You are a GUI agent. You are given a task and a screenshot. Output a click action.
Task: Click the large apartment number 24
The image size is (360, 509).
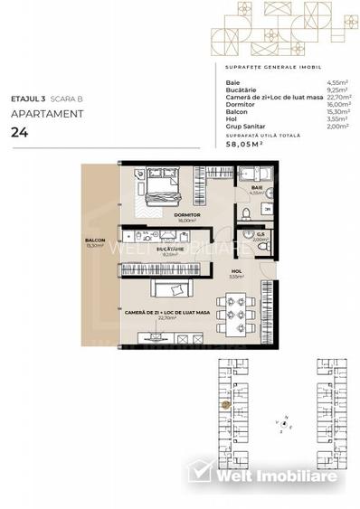pyautogui.click(x=18, y=132)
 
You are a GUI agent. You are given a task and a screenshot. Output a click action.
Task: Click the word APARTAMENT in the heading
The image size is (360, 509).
pyautogui.click(x=47, y=114)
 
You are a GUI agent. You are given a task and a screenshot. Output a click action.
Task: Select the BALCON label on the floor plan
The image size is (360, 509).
pyautogui.click(x=95, y=240)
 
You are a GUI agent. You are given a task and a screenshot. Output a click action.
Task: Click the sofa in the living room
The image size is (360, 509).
pyautogui.click(x=168, y=289)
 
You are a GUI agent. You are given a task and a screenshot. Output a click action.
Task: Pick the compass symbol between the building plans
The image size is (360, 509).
pyautogui.click(x=284, y=422)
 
